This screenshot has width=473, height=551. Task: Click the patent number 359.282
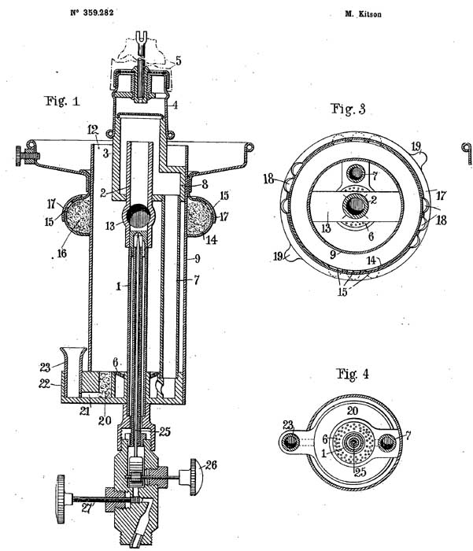point(98,13)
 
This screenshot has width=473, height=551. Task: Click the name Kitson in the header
point(370,14)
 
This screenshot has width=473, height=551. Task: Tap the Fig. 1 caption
point(62,102)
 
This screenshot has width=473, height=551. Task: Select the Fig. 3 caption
point(348,109)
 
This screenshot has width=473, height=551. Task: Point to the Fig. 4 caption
point(353,374)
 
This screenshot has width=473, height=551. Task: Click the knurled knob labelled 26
point(196,477)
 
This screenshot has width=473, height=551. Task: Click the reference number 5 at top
point(179,61)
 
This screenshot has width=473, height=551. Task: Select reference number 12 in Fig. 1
point(93,129)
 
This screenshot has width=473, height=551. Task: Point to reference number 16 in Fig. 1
point(61,253)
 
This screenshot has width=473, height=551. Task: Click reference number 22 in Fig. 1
point(44,384)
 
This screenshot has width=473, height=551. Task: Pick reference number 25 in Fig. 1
point(164,431)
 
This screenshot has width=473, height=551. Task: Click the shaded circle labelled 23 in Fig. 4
point(291,442)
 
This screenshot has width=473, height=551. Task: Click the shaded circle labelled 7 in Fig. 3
point(357,173)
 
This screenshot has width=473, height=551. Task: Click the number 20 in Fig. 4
point(353,411)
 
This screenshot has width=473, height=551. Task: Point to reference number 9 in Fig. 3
point(333,254)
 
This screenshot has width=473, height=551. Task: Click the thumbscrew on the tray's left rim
point(26,155)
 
